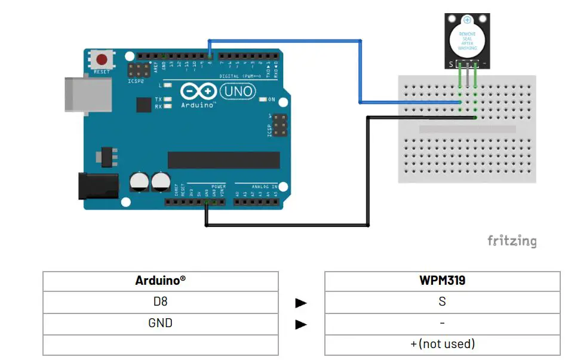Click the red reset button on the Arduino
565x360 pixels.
point(102,60)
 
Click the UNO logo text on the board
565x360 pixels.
point(238,91)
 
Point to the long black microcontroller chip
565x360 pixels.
point(223,160)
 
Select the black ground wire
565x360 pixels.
point(287,225)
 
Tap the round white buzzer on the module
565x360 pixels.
point(467,39)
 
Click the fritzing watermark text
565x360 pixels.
point(512,241)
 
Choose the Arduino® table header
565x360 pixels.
point(160,281)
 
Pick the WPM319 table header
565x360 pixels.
point(442,281)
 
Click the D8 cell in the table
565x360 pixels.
point(160,302)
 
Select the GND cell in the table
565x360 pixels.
point(160,323)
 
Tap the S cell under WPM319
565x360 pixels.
point(442,302)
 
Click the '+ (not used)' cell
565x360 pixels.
point(442,344)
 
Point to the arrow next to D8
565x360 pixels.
point(301,303)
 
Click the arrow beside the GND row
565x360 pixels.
point(301,324)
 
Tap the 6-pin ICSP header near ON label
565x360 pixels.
point(278,125)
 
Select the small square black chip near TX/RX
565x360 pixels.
point(144,105)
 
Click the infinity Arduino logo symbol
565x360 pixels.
point(199,91)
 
